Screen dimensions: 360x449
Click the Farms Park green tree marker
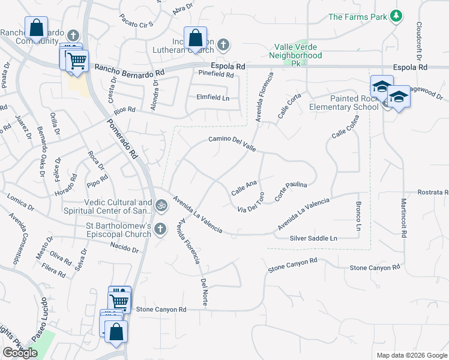pos(396,16)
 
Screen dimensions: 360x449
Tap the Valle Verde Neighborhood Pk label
pos(298,51)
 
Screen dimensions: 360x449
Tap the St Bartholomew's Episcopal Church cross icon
pos(160,229)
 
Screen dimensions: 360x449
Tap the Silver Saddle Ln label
pos(314,238)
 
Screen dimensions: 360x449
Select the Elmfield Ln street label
pos(212,97)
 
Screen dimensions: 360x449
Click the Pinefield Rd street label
pos(215,74)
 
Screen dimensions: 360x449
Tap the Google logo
pos(20,353)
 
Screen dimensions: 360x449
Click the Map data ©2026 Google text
pos(411,355)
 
